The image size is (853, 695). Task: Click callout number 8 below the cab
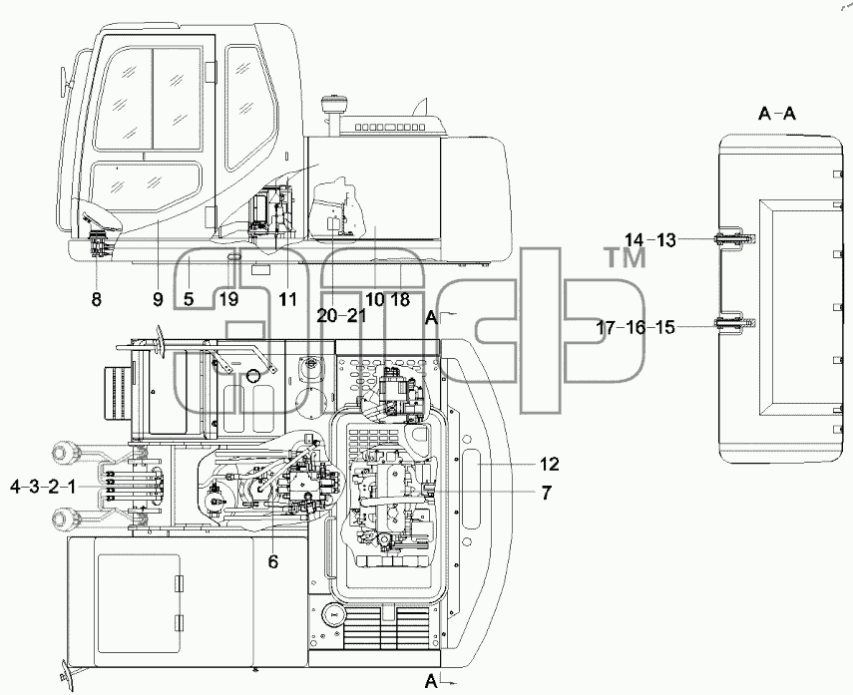(97, 299)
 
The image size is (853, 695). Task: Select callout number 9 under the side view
(158, 299)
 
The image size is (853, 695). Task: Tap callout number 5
(189, 299)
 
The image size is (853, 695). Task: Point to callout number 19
(229, 299)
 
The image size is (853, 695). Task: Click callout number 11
(287, 299)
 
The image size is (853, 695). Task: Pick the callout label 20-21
(341, 316)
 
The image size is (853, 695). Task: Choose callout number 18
(400, 299)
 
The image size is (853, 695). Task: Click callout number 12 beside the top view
(550, 465)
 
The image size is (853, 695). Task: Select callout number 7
(546, 493)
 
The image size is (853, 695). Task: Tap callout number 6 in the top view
(273, 561)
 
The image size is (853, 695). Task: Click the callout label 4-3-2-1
(43, 487)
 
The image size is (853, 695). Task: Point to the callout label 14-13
(650, 240)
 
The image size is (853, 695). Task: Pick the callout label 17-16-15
(636, 328)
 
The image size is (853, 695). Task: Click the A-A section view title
(777, 114)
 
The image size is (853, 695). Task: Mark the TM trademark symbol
(626, 256)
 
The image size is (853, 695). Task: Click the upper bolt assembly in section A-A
(734, 238)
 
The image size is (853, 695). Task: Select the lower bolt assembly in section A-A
(734, 323)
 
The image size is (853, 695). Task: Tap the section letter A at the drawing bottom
(431, 681)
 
